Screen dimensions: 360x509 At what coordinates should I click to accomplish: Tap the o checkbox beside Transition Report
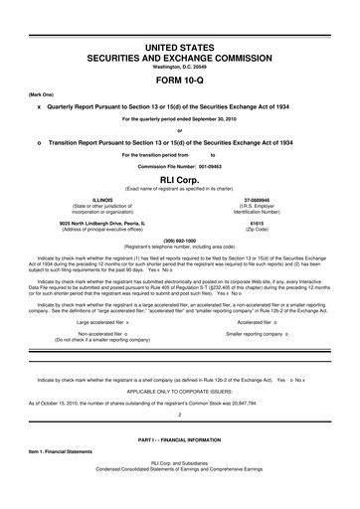[38, 141]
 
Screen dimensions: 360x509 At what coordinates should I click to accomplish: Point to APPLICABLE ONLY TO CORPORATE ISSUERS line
[180, 391]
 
